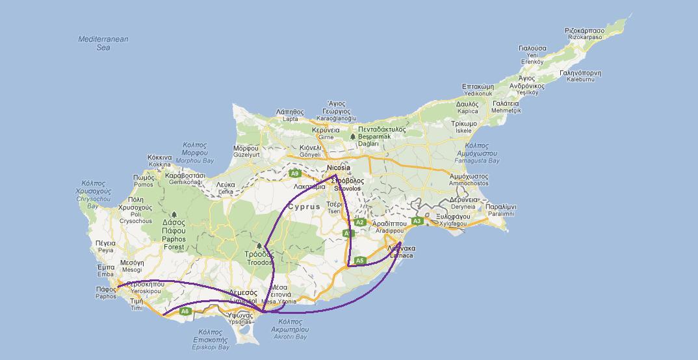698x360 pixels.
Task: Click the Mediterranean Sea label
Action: (103, 43)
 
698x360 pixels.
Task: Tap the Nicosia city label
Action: (339, 167)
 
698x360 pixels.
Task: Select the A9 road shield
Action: (295, 174)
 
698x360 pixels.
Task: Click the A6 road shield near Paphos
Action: (185, 311)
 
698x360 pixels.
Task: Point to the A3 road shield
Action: (417, 222)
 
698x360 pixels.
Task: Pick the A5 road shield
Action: (360, 261)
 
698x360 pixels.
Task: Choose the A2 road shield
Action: (359, 222)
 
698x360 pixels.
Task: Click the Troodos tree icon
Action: (259, 246)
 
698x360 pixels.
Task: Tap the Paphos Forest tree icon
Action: (174, 214)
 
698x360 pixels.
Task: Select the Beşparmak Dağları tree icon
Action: (352, 136)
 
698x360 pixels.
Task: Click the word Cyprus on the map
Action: (305, 207)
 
